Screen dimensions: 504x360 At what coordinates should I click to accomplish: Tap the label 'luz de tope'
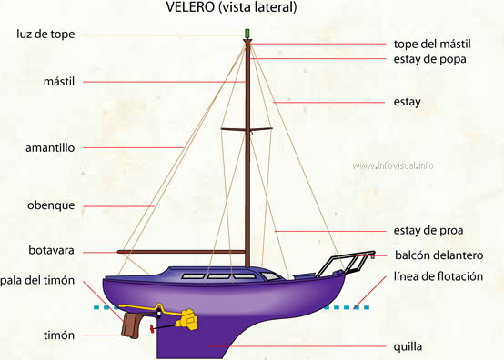(x=46, y=35)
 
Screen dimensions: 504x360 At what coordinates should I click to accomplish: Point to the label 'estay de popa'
(x=430, y=59)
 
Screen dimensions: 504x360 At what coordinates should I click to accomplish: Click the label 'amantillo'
(x=50, y=146)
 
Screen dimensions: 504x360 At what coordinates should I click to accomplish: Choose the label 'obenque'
(x=51, y=205)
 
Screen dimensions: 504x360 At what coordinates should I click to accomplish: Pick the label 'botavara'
(x=52, y=250)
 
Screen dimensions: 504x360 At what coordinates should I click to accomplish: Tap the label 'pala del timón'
(x=37, y=280)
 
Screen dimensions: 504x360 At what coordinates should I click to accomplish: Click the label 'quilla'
(x=408, y=346)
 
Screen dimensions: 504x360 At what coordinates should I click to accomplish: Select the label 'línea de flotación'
(x=438, y=276)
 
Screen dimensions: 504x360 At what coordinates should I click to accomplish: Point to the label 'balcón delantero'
(x=438, y=255)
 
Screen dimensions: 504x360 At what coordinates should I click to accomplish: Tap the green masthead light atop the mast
(x=247, y=35)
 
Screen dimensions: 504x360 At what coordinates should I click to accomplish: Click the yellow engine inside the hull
(x=188, y=318)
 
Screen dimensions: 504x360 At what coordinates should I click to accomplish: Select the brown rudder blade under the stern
(x=130, y=324)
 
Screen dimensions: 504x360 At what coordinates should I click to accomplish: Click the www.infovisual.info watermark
(x=393, y=165)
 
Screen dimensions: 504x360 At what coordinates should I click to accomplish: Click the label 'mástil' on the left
(x=58, y=82)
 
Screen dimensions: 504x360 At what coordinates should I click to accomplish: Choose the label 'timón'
(x=58, y=335)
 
